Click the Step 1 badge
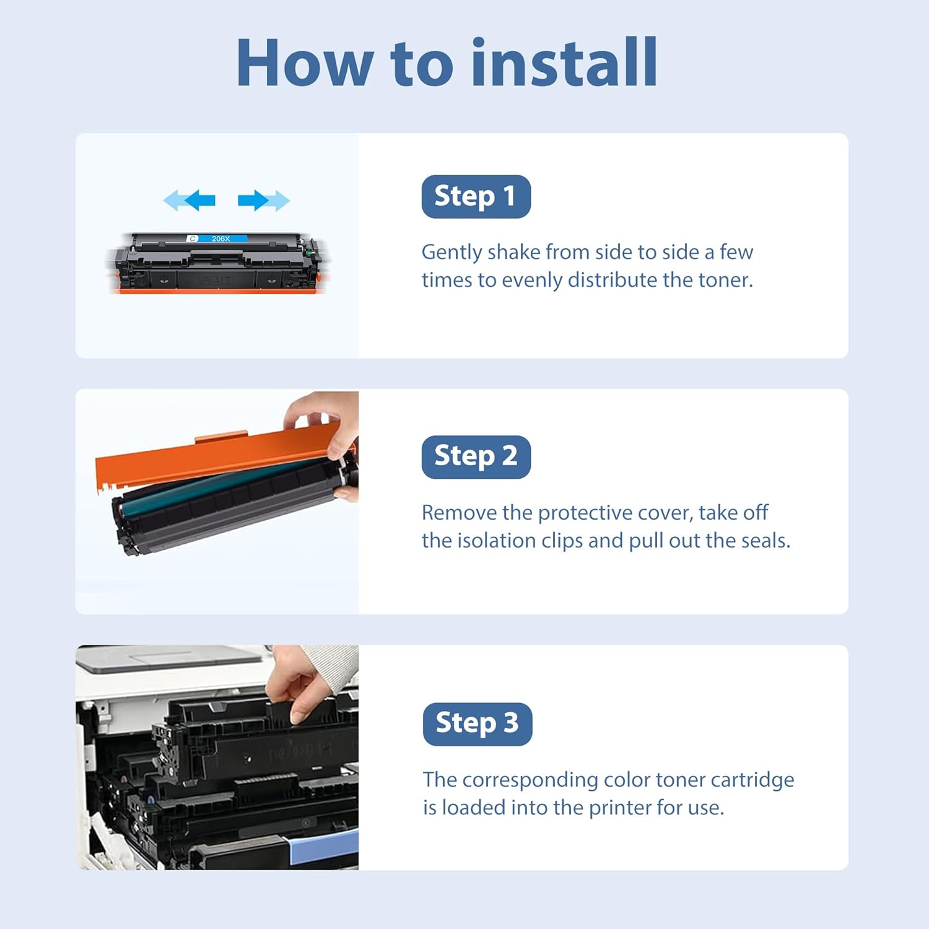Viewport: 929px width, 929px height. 476,196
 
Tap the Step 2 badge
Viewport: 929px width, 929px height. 476,456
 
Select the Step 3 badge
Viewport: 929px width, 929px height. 478,723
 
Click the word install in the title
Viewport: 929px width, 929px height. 564,63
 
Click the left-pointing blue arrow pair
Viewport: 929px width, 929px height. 190,200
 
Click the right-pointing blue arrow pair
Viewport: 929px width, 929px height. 264,200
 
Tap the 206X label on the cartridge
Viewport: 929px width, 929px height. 220,238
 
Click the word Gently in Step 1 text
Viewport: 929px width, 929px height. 451,253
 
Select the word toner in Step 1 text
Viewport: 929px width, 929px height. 723,280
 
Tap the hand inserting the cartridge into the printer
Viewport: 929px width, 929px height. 303,684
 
